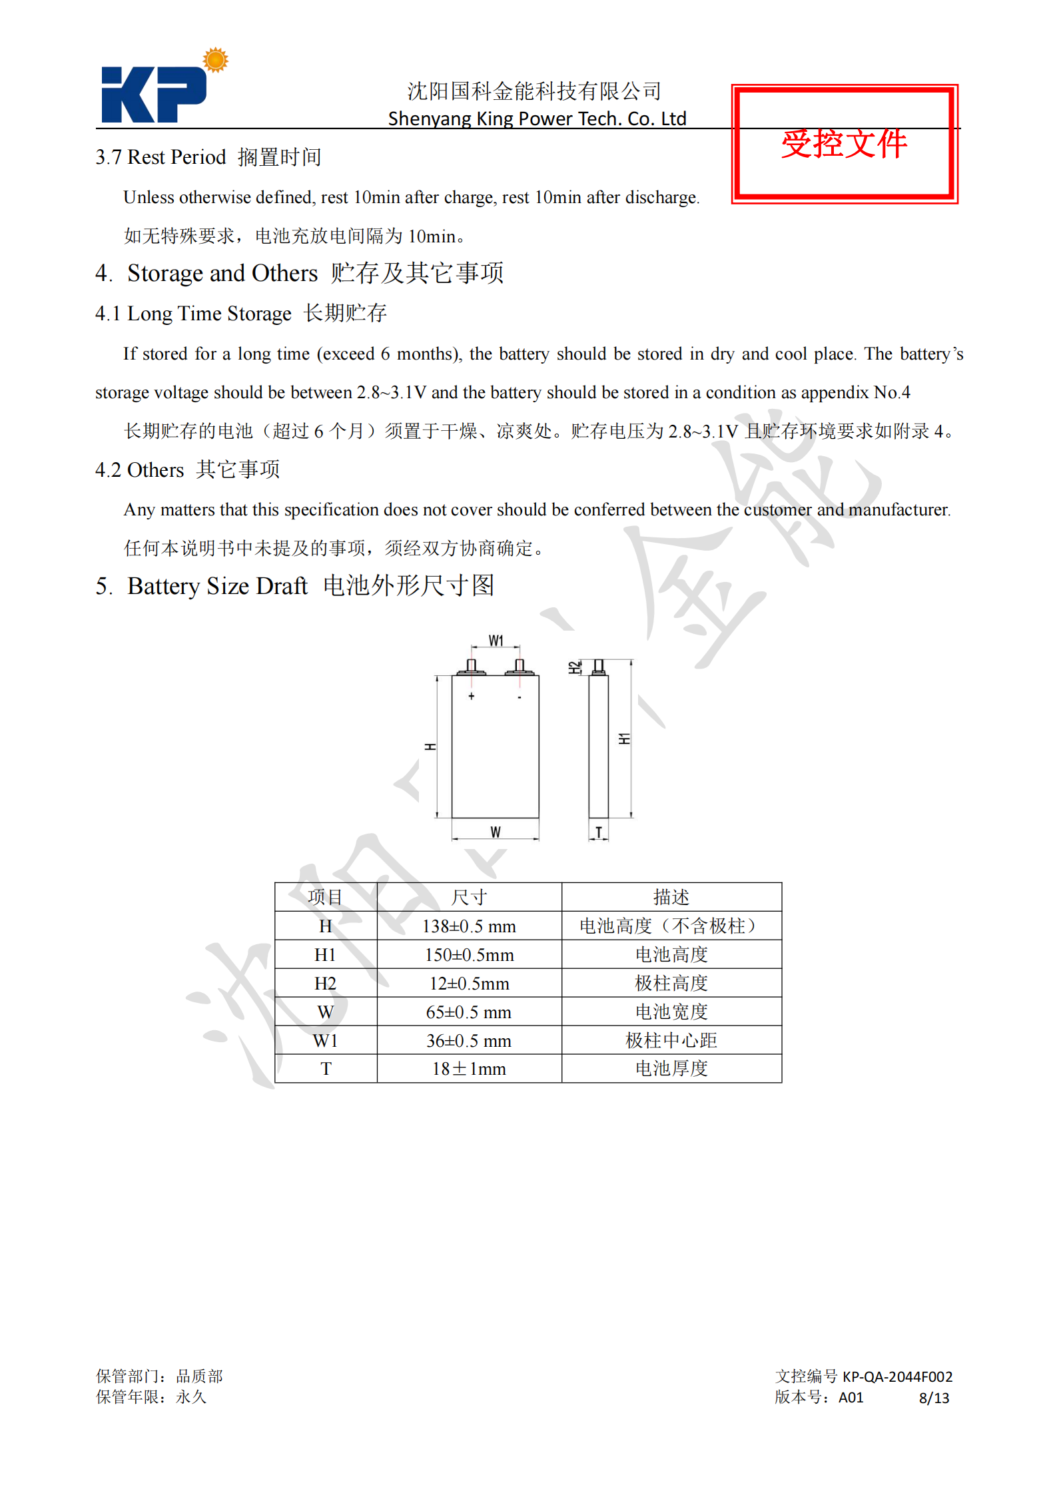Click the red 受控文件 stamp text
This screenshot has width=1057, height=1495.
click(x=844, y=144)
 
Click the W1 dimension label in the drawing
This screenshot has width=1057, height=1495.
click(x=496, y=641)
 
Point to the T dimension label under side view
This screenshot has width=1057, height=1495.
click(x=598, y=832)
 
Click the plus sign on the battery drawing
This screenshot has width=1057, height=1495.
click(x=472, y=697)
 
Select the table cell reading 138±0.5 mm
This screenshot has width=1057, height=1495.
click(x=469, y=926)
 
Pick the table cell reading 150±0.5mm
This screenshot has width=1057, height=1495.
click(x=469, y=955)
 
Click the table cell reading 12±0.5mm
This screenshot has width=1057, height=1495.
click(x=469, y=984)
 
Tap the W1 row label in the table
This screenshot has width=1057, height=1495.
click(x=326, y=1041)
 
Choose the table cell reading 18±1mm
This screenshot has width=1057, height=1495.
click(x=469, y=1069)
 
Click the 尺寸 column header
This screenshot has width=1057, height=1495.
click(x=469, y=898)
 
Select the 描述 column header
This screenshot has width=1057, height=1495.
click(x=671, y=898)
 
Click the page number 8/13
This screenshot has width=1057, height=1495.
click(x=934, y=1398)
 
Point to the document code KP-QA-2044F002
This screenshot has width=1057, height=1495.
click(x=897, y=1376)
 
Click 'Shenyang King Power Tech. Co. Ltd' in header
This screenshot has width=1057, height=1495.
click(x=537, y=119)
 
